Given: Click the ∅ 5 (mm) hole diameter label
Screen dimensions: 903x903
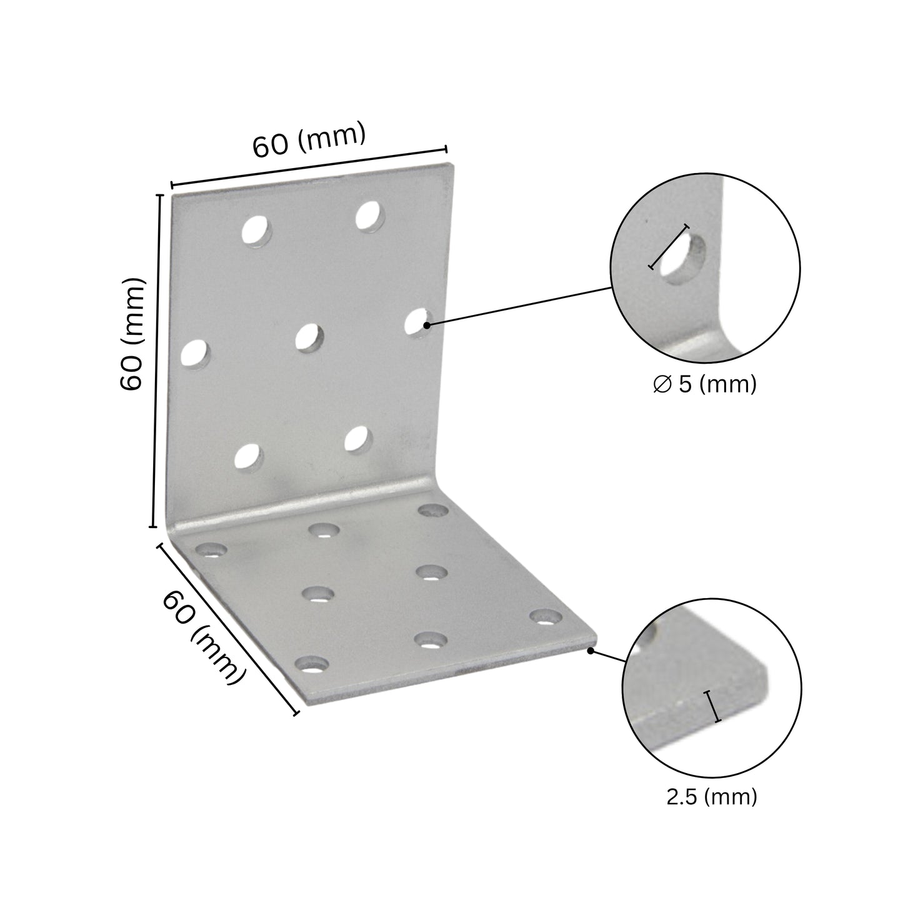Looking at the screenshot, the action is pos(705,384).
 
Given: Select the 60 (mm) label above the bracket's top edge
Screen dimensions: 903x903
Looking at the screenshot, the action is pos(309,139).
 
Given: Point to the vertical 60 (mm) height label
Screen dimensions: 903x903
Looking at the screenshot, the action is pos(132,334).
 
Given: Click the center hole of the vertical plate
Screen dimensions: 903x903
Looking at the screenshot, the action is pos(310,337).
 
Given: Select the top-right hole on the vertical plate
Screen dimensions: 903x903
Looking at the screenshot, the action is pos(370,216).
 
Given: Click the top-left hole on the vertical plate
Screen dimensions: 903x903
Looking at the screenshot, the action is pos(257,231).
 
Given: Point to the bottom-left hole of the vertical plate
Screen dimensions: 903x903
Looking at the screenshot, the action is pos(248,457).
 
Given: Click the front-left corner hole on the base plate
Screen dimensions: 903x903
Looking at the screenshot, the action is pos(312,664).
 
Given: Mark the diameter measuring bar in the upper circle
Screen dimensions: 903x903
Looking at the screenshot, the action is pos(669,246).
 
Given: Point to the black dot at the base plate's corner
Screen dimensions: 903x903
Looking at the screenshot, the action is pos(591,651).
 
